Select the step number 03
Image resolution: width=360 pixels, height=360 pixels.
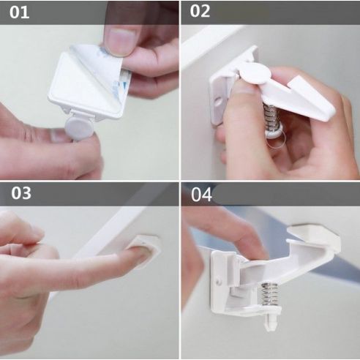click(21, 193)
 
